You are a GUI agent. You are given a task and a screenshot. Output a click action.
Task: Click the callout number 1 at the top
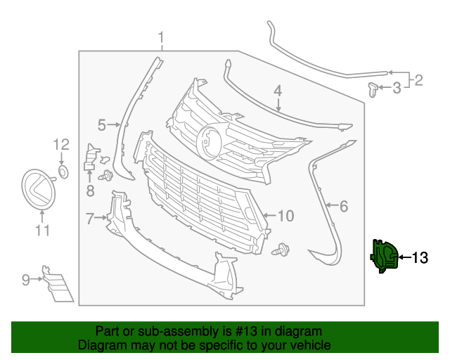pyautogui.click(x=160, y=37)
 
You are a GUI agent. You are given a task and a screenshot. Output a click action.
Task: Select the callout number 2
pyautogui.click(x=418, y=80)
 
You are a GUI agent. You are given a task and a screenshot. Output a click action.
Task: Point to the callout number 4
pyautogui.click(x=278, y=91)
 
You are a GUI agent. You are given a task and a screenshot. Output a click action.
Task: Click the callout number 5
pyautogui.click(x=101, y=125)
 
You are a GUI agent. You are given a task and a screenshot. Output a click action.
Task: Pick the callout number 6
pyautogui.click(x=344, y=207)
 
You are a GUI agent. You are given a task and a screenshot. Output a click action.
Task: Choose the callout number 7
pyautogui.click(x=89, y=219)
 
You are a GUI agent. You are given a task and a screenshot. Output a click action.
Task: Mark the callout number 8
pyautogui.click(x=90, y=190)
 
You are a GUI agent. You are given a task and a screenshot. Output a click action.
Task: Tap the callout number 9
pyautogui.click(x=26, y=280)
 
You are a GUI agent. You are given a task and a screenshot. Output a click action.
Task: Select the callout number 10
pyautogui.click(x=285, y=215)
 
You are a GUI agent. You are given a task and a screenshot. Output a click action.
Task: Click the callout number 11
pyautogui.click(x=42, y=230)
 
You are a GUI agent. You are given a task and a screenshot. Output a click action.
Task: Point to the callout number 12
pyautogui.click(x=61, y=145)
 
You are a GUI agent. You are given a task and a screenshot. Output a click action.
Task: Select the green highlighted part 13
pyautogui.click(x=384, y=256)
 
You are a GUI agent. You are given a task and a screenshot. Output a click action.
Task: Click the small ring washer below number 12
pyautogui.click(x=63, y=171)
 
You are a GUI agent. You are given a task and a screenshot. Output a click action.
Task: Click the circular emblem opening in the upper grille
pyautogui.click(x=210, y=140)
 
